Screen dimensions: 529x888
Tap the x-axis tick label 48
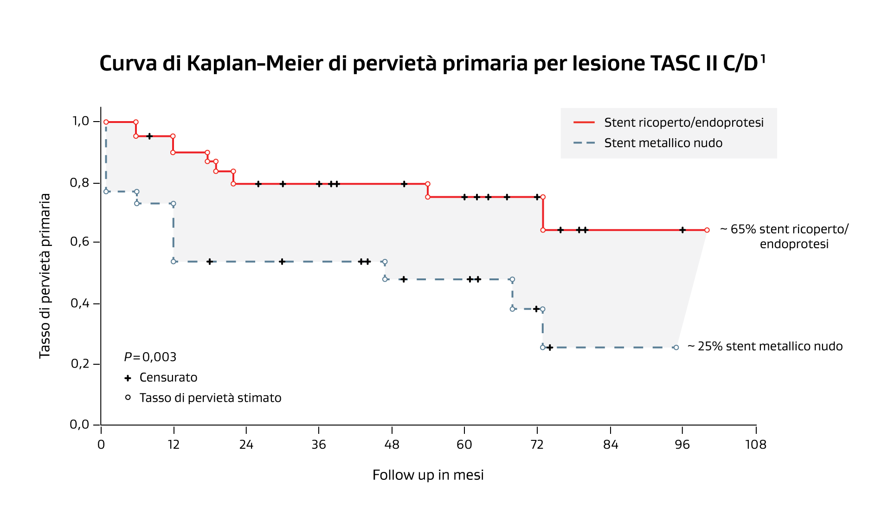[x=392, y=445]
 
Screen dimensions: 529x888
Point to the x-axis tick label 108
[x=755, y=445]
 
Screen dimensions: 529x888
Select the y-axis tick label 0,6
[x=79, y=242]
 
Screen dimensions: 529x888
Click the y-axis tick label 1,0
[x=80, y=122]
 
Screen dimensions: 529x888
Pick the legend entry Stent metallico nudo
[x=663, y=143]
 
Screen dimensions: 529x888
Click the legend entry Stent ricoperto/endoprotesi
[x=683, y=123]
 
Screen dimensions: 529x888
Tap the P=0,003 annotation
[x=150, y=357]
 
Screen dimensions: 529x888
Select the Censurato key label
[x=168, y=378]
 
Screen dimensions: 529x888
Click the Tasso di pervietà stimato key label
[x=210, y=398]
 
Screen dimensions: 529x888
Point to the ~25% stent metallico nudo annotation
[x=765, y=347]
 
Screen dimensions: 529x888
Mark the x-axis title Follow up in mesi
[x=428, y=475]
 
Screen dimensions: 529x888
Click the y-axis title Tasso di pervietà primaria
[x=45, y=276]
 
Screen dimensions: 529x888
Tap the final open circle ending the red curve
[x=707, y=230]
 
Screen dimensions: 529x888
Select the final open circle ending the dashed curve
[x=676, y=348]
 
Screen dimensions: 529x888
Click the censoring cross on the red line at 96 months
[x=682, y=230]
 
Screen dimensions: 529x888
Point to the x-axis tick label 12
[x=174, y=445]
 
